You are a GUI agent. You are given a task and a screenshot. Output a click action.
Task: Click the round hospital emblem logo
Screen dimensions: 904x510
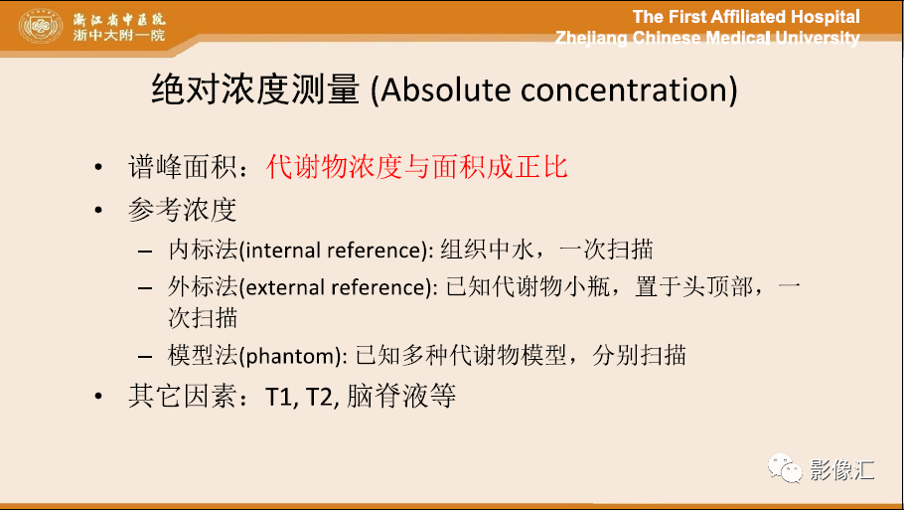41,26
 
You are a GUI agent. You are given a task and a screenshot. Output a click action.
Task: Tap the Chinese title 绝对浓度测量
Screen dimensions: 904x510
255,89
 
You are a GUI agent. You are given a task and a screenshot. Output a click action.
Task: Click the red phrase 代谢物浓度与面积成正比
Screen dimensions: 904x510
417,167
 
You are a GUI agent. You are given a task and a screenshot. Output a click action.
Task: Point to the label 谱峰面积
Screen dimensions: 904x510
182,167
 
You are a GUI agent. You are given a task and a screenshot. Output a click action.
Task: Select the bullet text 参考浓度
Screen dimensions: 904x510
182,209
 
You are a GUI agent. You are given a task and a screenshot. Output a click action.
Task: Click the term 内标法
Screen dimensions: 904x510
203,250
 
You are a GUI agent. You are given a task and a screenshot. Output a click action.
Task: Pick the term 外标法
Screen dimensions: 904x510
203,286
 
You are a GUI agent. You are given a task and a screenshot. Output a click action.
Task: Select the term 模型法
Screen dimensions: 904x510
203,355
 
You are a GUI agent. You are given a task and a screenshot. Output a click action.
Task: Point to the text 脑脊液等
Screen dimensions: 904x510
401,396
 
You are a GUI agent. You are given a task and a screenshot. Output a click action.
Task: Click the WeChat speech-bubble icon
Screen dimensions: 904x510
785,468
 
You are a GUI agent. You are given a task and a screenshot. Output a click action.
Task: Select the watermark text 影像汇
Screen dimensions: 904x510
841,469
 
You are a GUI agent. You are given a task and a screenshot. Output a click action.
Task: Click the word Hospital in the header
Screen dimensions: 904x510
825,17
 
